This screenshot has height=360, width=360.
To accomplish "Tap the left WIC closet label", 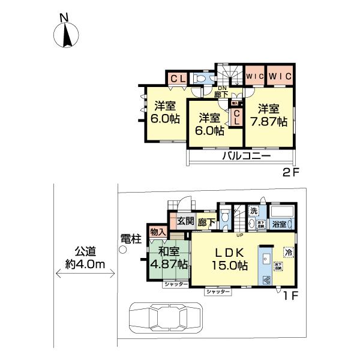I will [x=255, y=77].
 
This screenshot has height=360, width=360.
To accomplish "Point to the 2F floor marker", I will [x=291, y=173].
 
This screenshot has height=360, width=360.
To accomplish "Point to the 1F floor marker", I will [x=291, y=295].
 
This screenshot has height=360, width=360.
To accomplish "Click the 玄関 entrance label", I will [x=185, y=221].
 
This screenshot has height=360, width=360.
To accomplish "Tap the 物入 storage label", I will [x=158, y=232].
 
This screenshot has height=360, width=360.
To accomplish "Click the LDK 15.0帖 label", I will [x=227, y=258].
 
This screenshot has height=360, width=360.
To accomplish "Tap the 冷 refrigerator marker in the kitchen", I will [x=288, y=252].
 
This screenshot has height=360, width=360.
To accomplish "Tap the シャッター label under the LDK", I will [x=217, y=291].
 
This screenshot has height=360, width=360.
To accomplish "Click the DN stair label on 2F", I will [x=221, y=89].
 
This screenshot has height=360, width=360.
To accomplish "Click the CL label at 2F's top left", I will [x=177, y=78].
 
